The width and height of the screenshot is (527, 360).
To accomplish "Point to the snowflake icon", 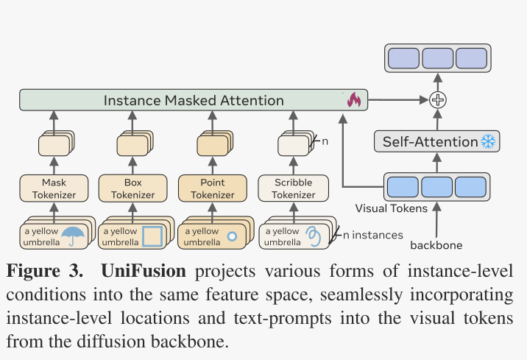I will (489, 141).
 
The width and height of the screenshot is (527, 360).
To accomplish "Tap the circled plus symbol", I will (438, 99).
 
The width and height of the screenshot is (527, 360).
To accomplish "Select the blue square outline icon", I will (152, 236).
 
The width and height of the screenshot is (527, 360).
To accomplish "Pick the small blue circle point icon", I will (232, 237).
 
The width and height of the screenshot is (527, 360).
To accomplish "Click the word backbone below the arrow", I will (436, 245).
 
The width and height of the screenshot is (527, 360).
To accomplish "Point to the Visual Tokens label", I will (392, 208).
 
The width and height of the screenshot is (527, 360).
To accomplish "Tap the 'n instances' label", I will (373, 235).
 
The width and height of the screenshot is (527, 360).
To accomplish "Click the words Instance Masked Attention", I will (193, 100).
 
